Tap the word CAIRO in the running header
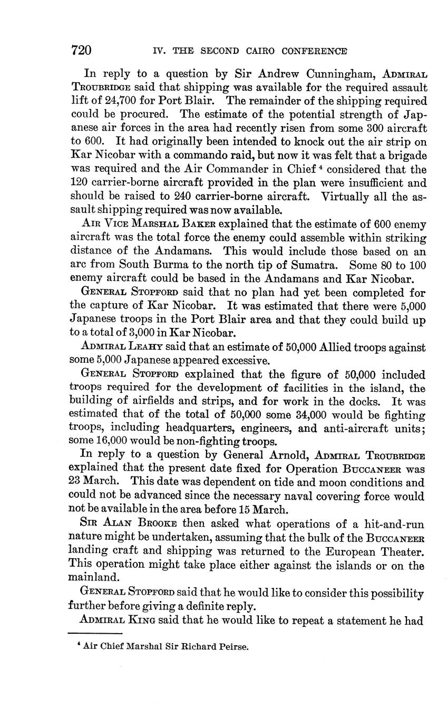click(257, 51)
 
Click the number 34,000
click(293, 416)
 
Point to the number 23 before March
click(75, 482)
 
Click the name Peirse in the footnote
click(233, 647)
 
